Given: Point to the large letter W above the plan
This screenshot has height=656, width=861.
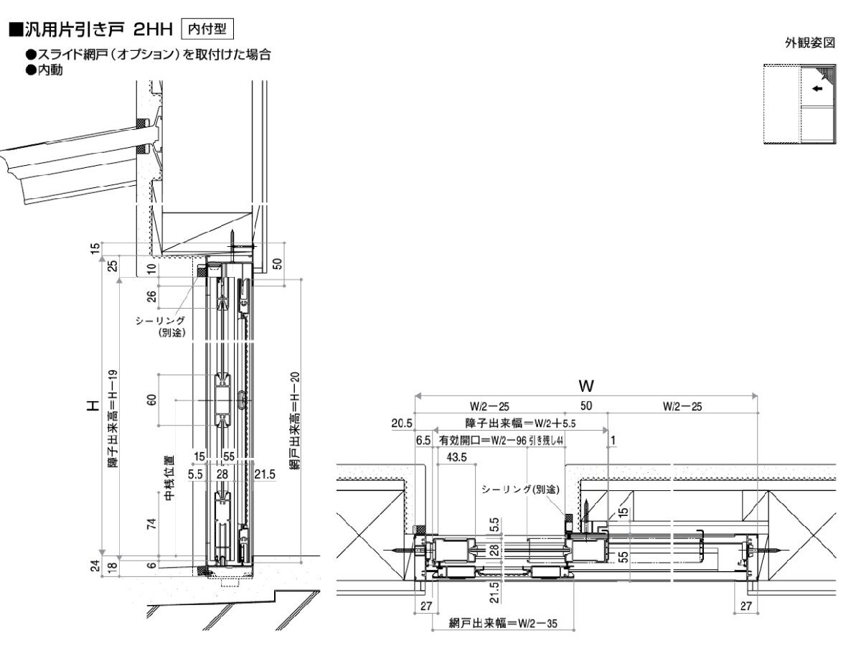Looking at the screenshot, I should tap(587, 386).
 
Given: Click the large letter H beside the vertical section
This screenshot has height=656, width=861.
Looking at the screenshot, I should tap(92, 406).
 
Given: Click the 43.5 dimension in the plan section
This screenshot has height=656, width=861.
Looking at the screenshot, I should tap(456, 456).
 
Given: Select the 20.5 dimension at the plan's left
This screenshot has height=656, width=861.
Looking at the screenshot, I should tap(402, 423).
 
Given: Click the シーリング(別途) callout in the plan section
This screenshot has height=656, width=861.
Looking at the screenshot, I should tap(520, 489).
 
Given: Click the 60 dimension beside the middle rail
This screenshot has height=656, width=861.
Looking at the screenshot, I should tap(151, 399).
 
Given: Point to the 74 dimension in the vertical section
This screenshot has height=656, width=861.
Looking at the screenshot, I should tap(151, 523).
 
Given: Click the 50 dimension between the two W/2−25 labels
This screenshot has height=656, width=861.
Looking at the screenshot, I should tap(586, 406).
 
